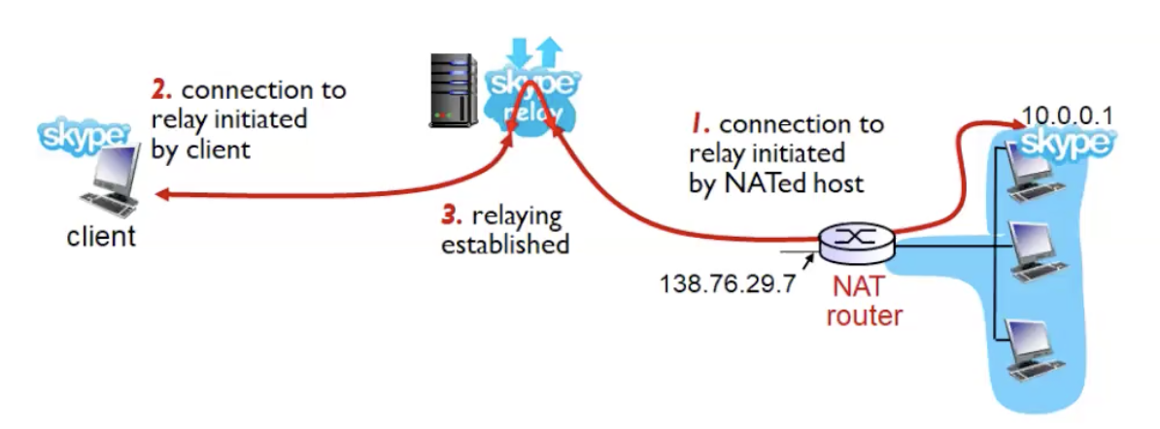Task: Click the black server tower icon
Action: (x=453, y=90)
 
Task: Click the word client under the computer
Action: (x=101, y=236)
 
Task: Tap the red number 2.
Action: (x=161, y=90)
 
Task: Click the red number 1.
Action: (x=699, y=125)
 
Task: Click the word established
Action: (x=505, y=244)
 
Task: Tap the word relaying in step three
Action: (x=518, y=214)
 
